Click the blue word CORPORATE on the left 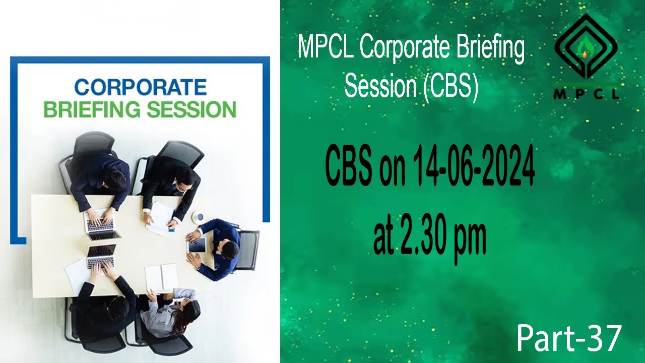click(x=140, y=87)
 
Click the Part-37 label click(x=569, y=338)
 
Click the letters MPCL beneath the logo click(x=586, y=94)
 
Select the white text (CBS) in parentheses click(x=450, y=86)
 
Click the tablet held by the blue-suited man click(x=197, y=246)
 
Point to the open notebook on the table click(x=161, y=277)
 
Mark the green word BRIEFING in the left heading click(x=91, y=110)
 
